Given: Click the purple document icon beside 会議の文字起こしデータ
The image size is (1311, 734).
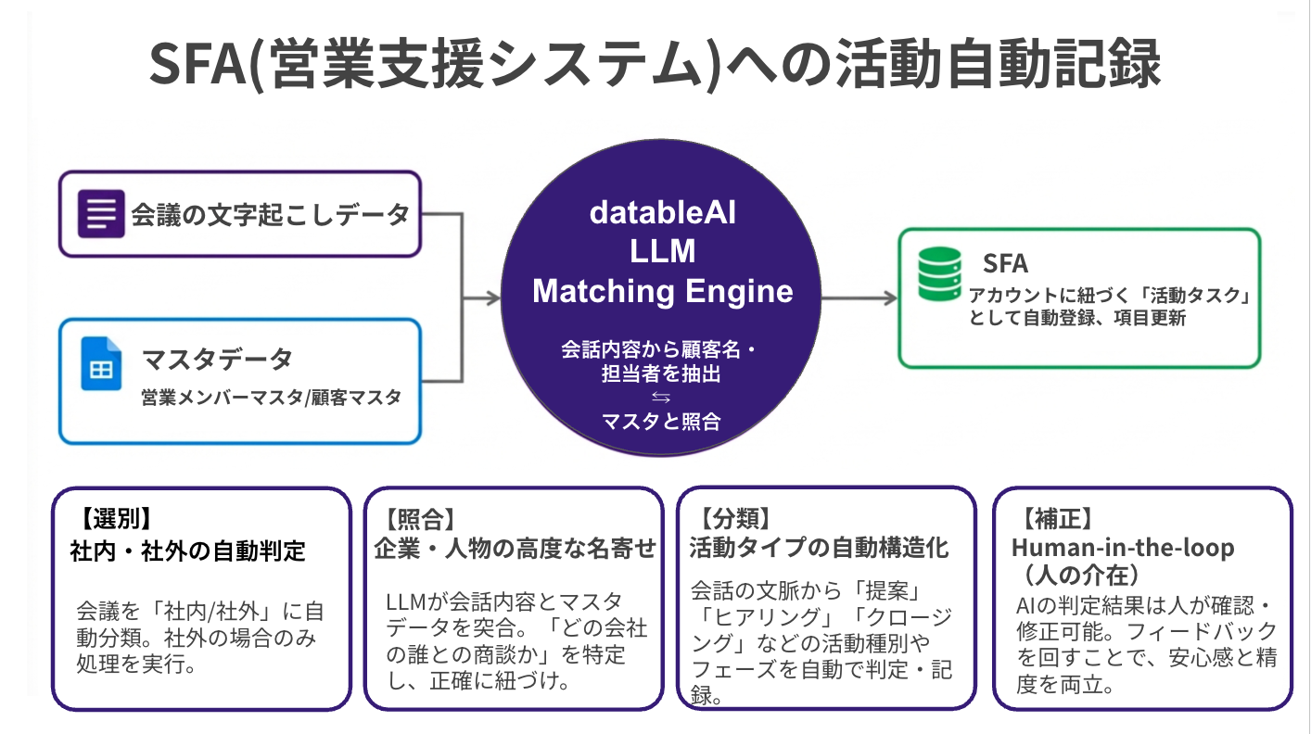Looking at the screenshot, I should (x=101, y=214).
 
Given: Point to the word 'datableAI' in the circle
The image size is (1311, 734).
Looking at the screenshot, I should (x=662, y=212).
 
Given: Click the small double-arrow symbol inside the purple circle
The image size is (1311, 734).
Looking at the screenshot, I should (x=661, y=397).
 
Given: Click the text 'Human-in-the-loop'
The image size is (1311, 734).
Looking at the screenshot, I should (x=1122, y=548).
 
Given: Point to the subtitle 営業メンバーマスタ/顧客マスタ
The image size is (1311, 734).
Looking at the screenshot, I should (x=272, y=398).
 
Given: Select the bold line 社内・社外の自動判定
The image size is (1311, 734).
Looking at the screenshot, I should (x=187, y=550).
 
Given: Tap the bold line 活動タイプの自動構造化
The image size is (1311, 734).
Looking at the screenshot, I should (x=818, y=548).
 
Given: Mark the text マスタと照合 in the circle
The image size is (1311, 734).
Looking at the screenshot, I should (x=661, y=421).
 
